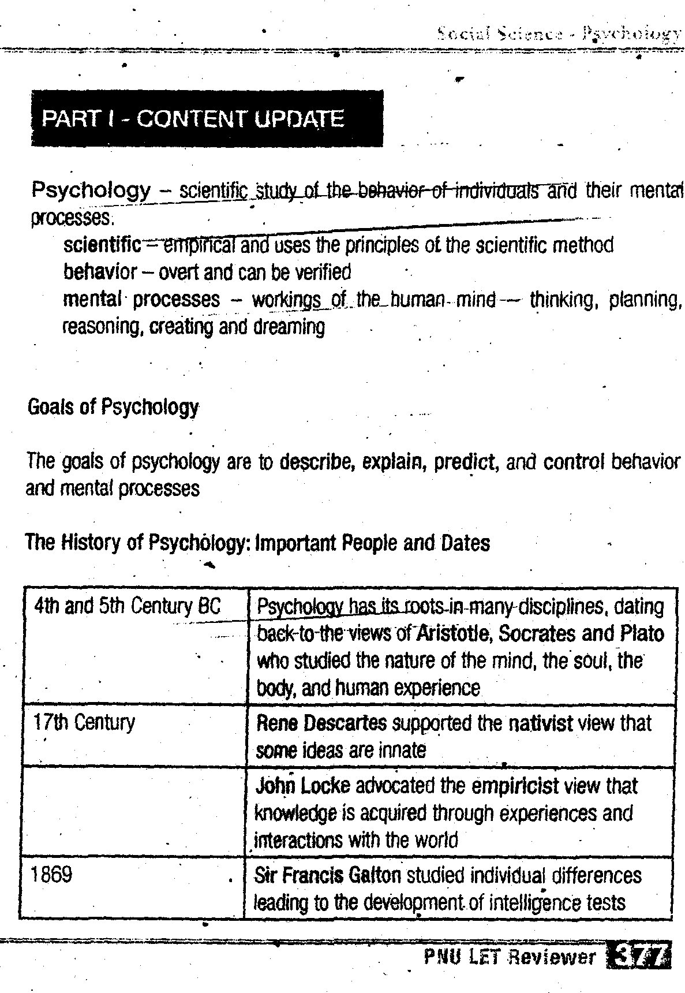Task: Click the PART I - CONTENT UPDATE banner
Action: (207, 119)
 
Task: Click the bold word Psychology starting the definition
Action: (91, 190)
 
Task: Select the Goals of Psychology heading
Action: (113, 408)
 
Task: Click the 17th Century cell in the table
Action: (84, 723)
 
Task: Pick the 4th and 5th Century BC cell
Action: (127, 606)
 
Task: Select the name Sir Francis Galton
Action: (327, 876)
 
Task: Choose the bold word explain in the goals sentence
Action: (394, 462)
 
